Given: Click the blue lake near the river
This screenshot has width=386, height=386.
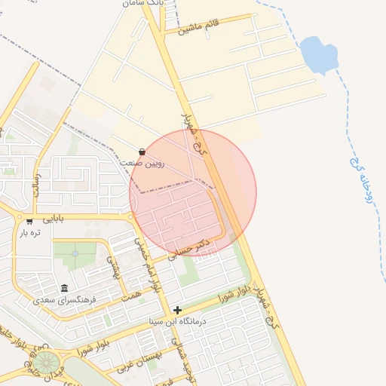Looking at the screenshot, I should [319, 54].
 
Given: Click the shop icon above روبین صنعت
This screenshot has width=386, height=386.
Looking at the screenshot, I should [142, 152].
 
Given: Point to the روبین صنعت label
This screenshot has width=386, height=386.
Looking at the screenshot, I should [141, 163].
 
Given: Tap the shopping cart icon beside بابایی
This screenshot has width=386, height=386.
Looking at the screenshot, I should [29, 222].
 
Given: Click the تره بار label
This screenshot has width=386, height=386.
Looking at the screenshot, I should [29, 233].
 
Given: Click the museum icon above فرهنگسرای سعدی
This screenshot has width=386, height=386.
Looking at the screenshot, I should [64, 288].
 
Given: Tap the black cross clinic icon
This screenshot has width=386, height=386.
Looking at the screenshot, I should [177, 310].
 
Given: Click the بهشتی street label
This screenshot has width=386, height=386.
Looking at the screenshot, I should [115, 265].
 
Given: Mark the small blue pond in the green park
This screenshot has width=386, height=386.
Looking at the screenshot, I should [75, 253].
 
